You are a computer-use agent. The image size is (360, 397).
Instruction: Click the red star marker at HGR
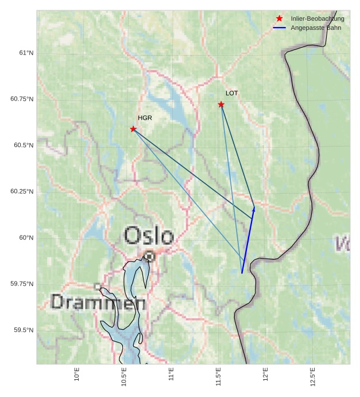pyautogui.click(x=133, y=129)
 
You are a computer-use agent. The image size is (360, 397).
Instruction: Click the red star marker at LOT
pyautogui.click(x=221, y=105)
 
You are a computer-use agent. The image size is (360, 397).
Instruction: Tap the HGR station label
pyautogui.click(x=145, y=118)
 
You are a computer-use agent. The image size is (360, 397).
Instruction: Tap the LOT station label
pyautogui.click(x=231, y=93)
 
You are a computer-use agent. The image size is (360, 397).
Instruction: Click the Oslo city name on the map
pyautogui.click(x=149, y=236)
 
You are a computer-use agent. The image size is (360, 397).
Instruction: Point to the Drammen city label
pyautogui.click(x=98, y=302)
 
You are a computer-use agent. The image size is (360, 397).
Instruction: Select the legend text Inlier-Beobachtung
pyautogui.click(x=318, y=19)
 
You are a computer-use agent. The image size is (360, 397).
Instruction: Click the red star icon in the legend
pyautogui.click(x=280, y=18)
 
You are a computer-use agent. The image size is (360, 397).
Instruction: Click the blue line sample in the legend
pyautogui.click(x=280, y=28)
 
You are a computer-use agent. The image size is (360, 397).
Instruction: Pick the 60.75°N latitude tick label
pyautogui.click(x=22, y=99)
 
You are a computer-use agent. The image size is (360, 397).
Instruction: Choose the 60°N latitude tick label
pyautogui.click(x=26, y=238)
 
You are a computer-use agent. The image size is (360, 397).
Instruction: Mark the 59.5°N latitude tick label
pyautogui.click(x=24, y=330)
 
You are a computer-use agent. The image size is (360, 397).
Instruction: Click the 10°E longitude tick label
pyautogui.click(x=77, y=375)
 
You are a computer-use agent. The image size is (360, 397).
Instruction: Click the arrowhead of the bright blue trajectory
pyautogui.click(x=254, y=209)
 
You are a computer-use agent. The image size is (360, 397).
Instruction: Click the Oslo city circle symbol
pyautogui.click(x=149, y=256)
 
